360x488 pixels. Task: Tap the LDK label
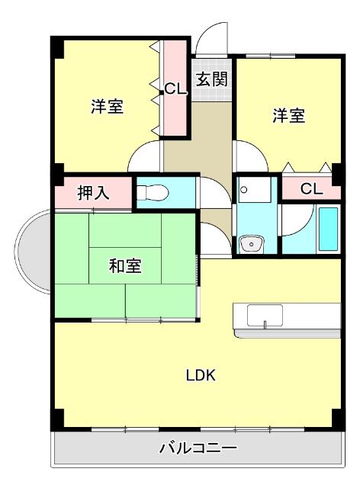[201, 375]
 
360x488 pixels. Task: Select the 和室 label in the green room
[124, 266]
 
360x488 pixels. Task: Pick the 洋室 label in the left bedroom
[108, 107]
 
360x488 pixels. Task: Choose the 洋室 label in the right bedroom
[289, 116]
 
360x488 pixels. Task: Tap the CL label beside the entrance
[176, 88]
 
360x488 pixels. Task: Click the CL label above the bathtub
[311, 188]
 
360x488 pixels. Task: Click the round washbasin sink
[249, 244]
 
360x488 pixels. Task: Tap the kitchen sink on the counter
[265, 315]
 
